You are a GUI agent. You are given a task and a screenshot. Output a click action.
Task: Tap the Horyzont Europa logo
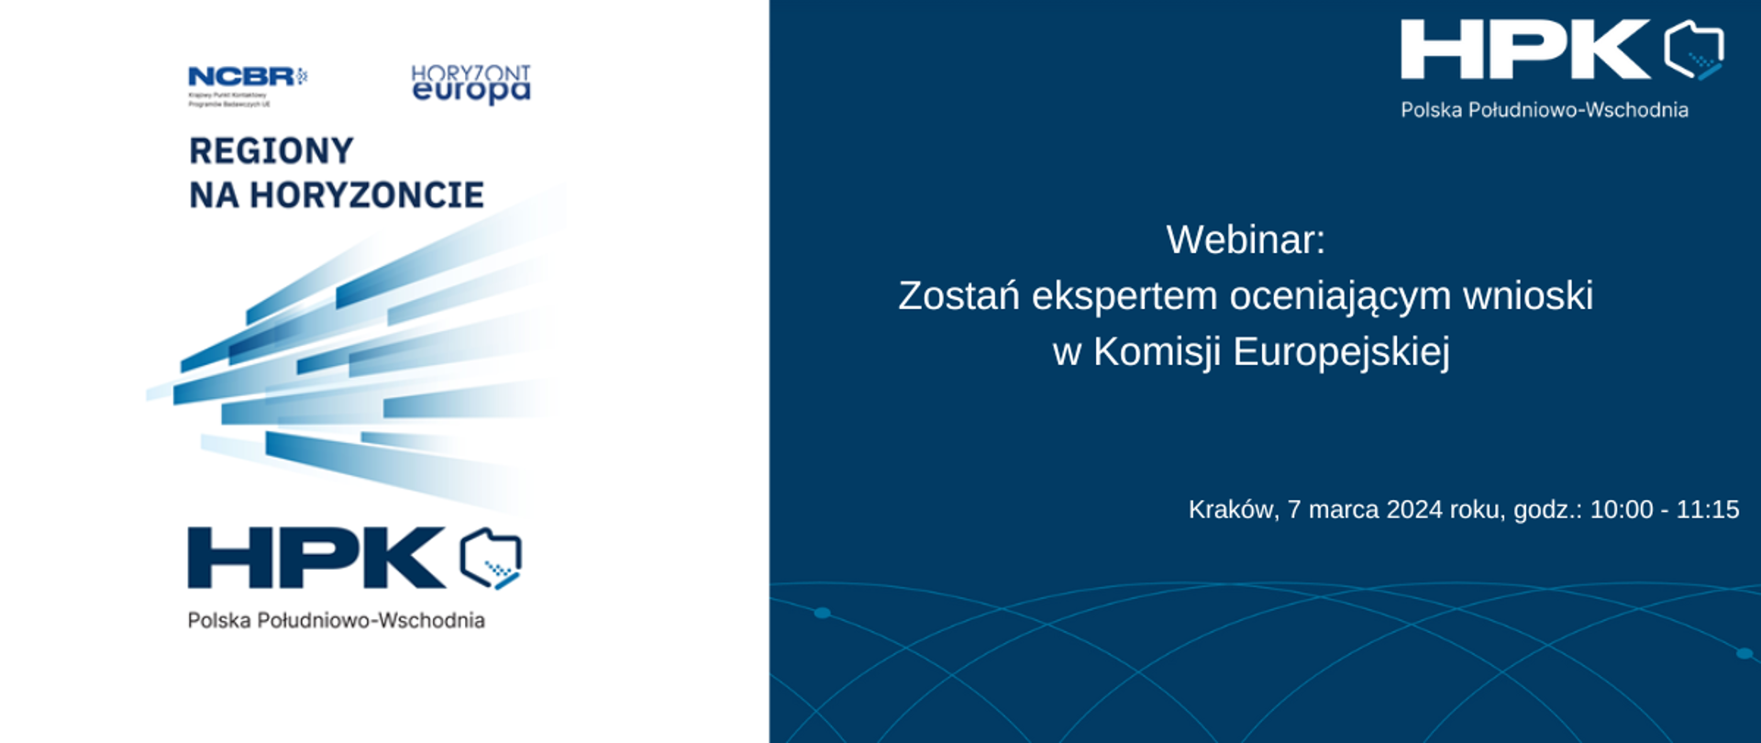tap(471, 84)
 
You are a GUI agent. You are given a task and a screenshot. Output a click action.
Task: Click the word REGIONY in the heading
tap(271, 151)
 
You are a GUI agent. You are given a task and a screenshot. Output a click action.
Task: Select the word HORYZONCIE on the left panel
tap(367, 195)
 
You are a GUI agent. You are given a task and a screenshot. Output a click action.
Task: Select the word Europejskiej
tap(1341, 352)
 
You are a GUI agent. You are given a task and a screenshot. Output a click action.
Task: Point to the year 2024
tap(1414, 510)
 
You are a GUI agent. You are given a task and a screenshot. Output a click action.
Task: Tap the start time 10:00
tap(1621, 510)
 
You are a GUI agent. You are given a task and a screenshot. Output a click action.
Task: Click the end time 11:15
tap(1708, 510)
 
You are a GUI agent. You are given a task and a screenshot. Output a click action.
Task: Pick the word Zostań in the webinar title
tap(958, 296)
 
